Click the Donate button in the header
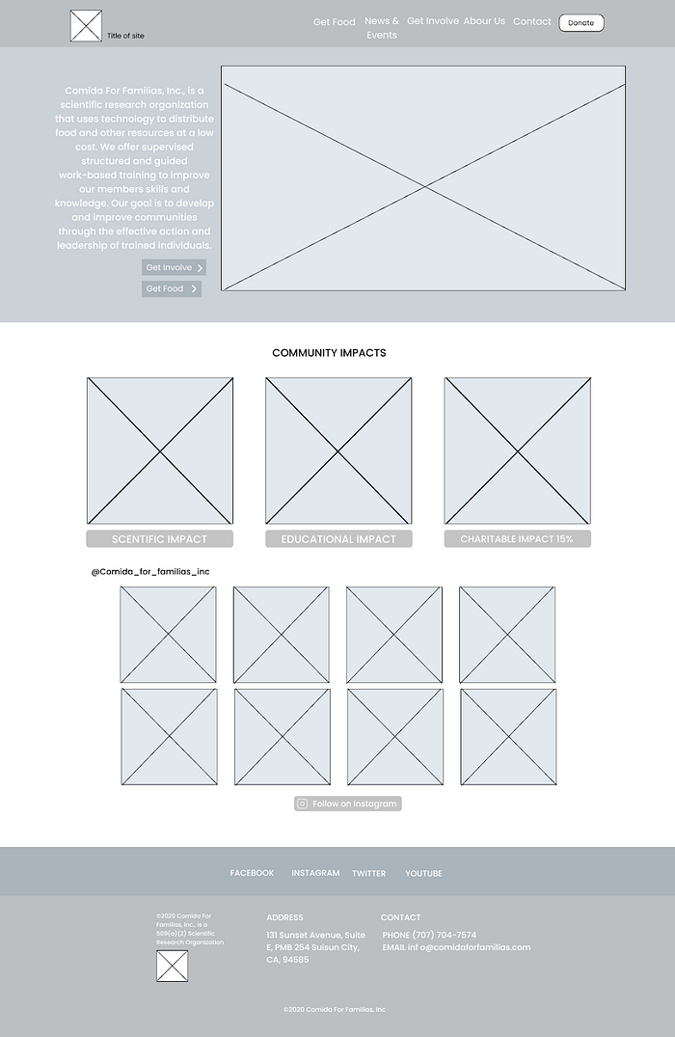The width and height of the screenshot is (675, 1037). pyautogui.click(x=580, y=22)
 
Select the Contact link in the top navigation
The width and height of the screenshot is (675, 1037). pyautogui.click(x=532, y=21)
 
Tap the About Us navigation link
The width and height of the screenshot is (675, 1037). pyautogui.click(x=484, y=21)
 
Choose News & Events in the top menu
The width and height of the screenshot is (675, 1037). pyautogui.click(x=382, y=28)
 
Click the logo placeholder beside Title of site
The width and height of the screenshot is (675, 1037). pyautogui.click(x=86, y=26)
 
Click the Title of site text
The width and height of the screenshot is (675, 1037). pyautogui.click(x=125, y=36)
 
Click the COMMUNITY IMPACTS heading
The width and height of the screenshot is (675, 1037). pyautogui.click(x=329, y=353)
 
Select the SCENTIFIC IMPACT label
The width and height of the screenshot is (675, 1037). pyautogui.click(x=159, y=539)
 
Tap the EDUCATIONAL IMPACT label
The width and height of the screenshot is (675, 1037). pyautogui.click(x=338, y=539)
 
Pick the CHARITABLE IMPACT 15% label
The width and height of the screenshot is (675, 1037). pyautogui.click(x=517, y=539)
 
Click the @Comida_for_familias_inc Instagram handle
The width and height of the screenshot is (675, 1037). pyautogui.click(x=150, y=572)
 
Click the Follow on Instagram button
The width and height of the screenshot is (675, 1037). pyautogui.click(x=348, y=804)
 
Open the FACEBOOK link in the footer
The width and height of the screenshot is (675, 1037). pyautogui.click(x=252, y=873)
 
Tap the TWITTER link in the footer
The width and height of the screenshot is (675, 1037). pyautogui.click(x=368, y=873)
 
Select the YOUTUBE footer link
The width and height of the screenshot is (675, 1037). pyautogui.click(x=423, y=873)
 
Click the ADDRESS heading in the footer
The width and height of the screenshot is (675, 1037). pyautogui.click(x=284, y=917)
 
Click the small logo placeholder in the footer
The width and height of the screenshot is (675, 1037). pyautogui.click(x=173, y=966)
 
